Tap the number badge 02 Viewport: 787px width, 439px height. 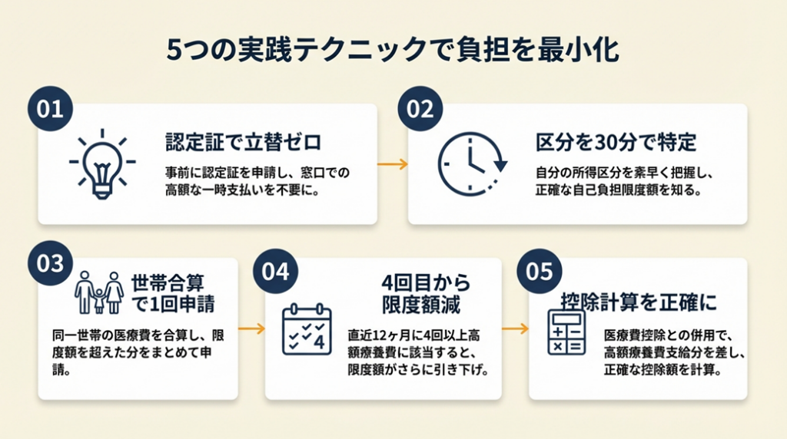click(420, 109)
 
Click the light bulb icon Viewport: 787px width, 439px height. click(102, 163)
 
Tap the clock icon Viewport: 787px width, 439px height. click(471, 163)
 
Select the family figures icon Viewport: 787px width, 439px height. click(98, 292)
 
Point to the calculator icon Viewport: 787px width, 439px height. click(566, 332)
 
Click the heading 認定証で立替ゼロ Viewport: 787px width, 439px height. click(243, 142)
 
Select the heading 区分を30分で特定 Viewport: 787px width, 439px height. click(616, 142)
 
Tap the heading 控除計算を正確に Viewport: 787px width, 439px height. click(649, 302)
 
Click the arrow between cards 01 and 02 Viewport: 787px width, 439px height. click(392, 164)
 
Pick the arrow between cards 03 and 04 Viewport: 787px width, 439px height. click(251, 328)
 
